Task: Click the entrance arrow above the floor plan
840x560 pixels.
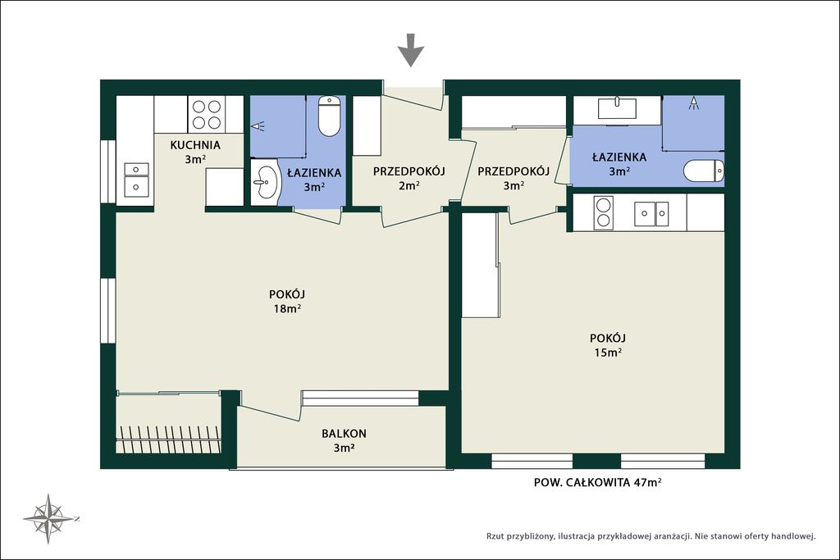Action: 411,50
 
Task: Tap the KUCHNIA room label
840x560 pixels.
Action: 195,145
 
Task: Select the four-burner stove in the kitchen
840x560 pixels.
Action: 207,115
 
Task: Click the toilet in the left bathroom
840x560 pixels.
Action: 329,116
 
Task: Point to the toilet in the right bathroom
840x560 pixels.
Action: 704,172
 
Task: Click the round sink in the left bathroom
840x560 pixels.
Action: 265,181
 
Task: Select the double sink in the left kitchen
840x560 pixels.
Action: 136,178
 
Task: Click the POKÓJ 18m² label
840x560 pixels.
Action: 287,302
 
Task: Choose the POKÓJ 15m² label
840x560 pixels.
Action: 608,345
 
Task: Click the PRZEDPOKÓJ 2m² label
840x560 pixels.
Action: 409,179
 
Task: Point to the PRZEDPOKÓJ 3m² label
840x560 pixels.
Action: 514,179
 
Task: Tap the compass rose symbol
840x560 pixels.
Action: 50,519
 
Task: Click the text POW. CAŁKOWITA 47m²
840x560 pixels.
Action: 597,482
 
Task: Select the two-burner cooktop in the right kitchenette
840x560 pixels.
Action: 603,212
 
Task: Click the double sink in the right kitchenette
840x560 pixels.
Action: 651,214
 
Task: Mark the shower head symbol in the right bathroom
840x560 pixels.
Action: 694,102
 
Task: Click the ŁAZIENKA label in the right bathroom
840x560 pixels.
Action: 619,157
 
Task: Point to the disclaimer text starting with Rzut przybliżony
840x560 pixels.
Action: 651,536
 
